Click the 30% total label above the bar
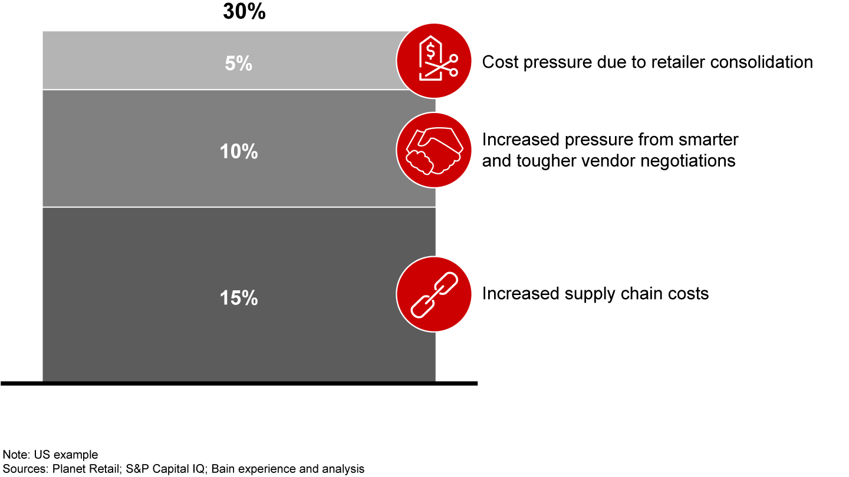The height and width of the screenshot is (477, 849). [244, 12]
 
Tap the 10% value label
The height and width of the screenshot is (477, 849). [239, 152]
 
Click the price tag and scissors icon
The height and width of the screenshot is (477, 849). [434, 61]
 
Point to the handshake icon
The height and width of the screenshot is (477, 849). [434, 150]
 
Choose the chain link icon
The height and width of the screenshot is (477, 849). [434, 294]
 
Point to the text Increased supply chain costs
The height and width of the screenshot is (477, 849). [595, 293]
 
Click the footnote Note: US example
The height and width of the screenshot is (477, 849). [51, 455]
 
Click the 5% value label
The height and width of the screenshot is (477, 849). [239, 64]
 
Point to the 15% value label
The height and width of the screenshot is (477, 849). [239, 299]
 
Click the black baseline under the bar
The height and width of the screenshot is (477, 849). [239, 383]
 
